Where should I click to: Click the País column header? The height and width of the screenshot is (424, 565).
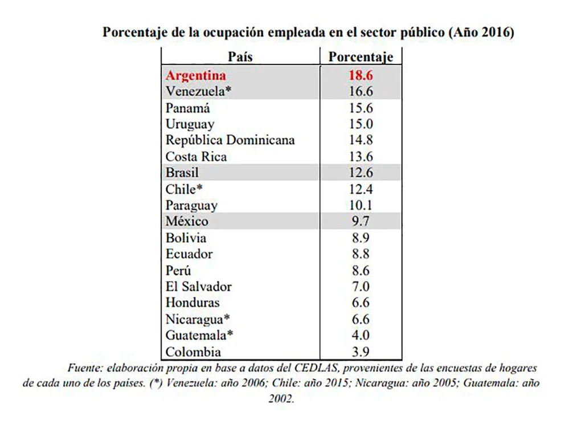tap(240, 57)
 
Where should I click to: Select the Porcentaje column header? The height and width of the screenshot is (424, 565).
tap(361, 57)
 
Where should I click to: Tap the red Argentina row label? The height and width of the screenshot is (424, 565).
tap(195, 75)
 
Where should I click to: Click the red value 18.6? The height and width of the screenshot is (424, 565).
tap(361, 75)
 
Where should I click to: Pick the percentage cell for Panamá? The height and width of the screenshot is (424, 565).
tap(361, 108)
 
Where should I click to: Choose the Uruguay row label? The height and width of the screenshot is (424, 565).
tap(190, 124)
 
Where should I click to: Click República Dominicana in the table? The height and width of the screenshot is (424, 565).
tap(230, 140)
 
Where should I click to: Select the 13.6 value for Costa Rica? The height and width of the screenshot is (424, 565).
tap(361, 156)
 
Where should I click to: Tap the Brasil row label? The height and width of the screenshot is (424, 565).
tap(182, 172)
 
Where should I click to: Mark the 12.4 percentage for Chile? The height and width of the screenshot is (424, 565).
tap(361, 189)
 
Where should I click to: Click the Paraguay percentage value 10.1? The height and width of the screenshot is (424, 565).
tap(361, 205)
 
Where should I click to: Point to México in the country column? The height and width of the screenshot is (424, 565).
tap(187, 221)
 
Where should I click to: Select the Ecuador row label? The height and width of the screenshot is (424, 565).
tap(189, 254)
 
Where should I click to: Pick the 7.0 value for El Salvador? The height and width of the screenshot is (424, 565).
tap(361, 287)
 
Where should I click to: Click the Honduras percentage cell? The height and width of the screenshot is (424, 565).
tap(361, 303)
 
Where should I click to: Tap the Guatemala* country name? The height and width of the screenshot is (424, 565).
tap(200, 335)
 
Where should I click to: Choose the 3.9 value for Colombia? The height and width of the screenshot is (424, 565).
tap(361, 352)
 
